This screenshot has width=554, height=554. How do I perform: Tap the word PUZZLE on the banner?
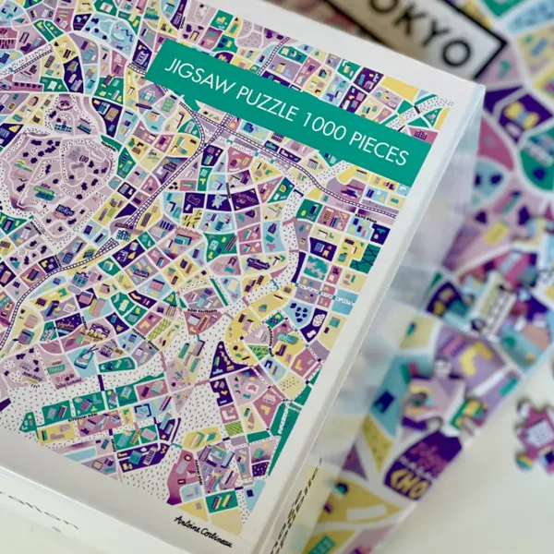259,100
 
